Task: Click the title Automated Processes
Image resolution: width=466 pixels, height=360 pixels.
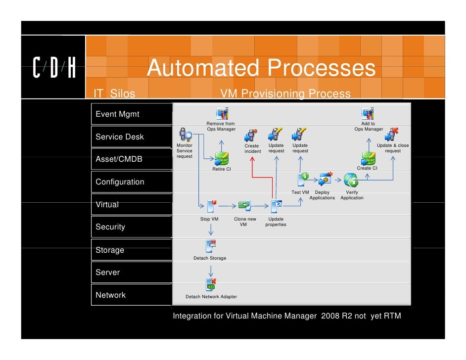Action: coord(261,68)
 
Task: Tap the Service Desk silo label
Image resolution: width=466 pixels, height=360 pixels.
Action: coord(120,137)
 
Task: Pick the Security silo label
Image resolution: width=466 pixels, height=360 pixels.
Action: coord(110,227)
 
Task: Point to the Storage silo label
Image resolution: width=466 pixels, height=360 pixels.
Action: coord(110,250)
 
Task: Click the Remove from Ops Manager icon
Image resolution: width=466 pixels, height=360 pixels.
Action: coord(221,113)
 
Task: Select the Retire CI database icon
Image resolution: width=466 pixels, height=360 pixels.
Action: coord(221,158)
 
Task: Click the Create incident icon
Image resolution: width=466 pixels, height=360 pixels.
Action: coord(251,135)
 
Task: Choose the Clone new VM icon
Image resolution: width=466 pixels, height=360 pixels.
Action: coord(244,205)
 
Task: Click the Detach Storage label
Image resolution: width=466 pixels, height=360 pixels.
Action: coord(210,258)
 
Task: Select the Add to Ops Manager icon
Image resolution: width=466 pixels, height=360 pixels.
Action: coord(368,113)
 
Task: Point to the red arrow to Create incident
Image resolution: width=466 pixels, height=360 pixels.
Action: coord(252,168)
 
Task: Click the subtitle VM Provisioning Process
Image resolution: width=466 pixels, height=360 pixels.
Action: coord(285,94)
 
